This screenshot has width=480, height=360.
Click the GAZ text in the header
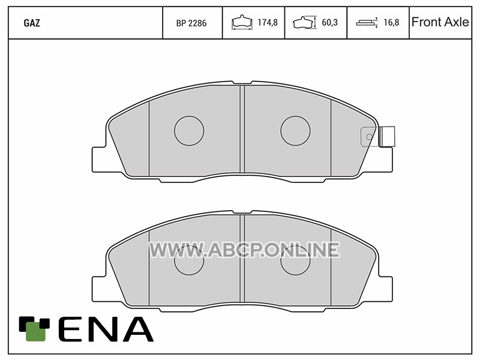click(x=32, y=23)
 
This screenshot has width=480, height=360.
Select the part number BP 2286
click(x=191, y=23)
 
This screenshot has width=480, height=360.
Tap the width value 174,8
click(x=268, y=22)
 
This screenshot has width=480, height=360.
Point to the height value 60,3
click(x=329, y=22)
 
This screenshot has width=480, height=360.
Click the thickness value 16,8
click(x=392, y=22)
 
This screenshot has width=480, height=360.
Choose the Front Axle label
click(x=440, y=22)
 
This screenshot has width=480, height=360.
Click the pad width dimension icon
click(x=242, y=22)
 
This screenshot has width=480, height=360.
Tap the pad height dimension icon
click(x=304, y=22)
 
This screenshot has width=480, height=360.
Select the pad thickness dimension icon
click(x=367, y=23)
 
